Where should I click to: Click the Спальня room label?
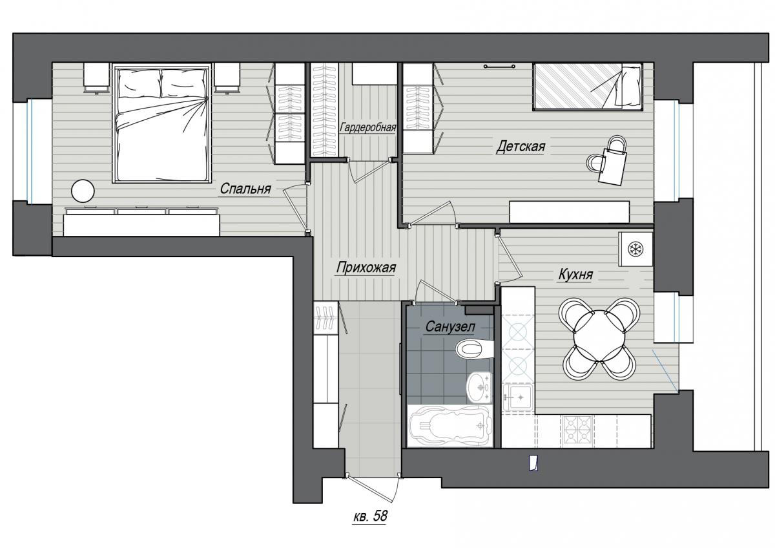tap(245, 189)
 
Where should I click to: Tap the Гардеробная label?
tap(367, 127)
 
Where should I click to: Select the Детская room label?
tap(521, 147)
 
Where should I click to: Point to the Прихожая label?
tap(366, 268)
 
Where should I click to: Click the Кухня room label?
tap(575, 275)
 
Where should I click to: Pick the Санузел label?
tap(450, 326)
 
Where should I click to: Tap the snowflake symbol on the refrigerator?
tap(635, 249)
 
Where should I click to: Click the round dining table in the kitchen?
tap(598, 336)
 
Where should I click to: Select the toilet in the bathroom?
tap(475, 350)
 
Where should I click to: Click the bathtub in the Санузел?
tap(450, 425)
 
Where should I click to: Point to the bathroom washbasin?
tap(479, 387)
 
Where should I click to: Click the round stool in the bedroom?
tap(83, 191)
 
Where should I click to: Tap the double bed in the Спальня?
tap(162, 123)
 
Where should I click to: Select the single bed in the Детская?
tap(588, 87)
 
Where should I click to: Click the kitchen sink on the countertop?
tap(517, 398)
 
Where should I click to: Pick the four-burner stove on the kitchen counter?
tap(578, 430)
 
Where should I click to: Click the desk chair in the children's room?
tap(595, 163)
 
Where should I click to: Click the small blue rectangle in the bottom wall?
tap(533, 463)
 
